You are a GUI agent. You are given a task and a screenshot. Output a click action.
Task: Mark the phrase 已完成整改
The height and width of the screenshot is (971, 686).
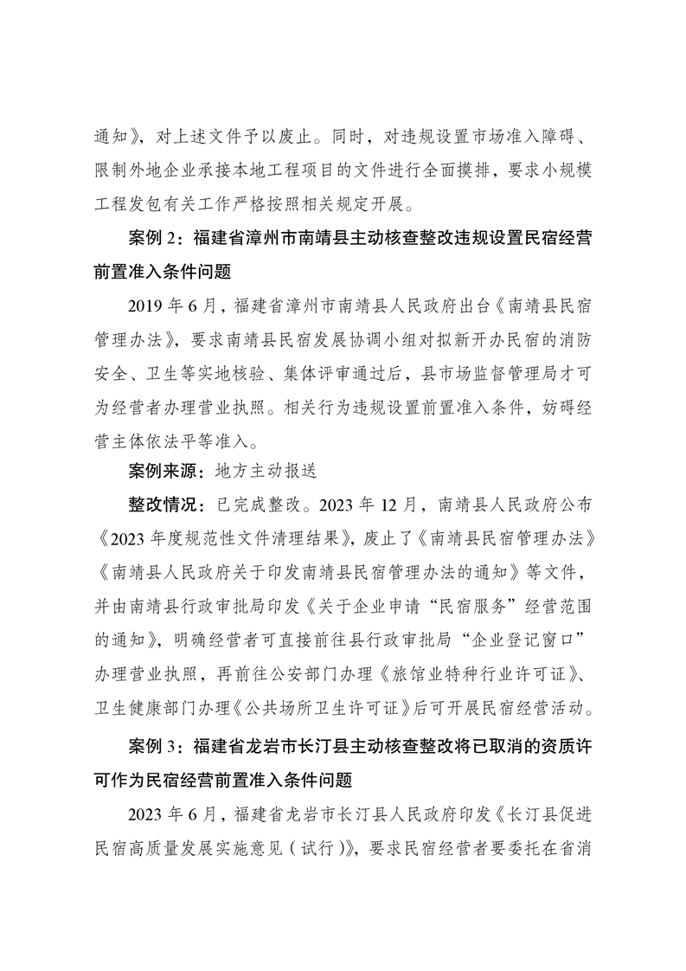(x=260, y=504)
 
